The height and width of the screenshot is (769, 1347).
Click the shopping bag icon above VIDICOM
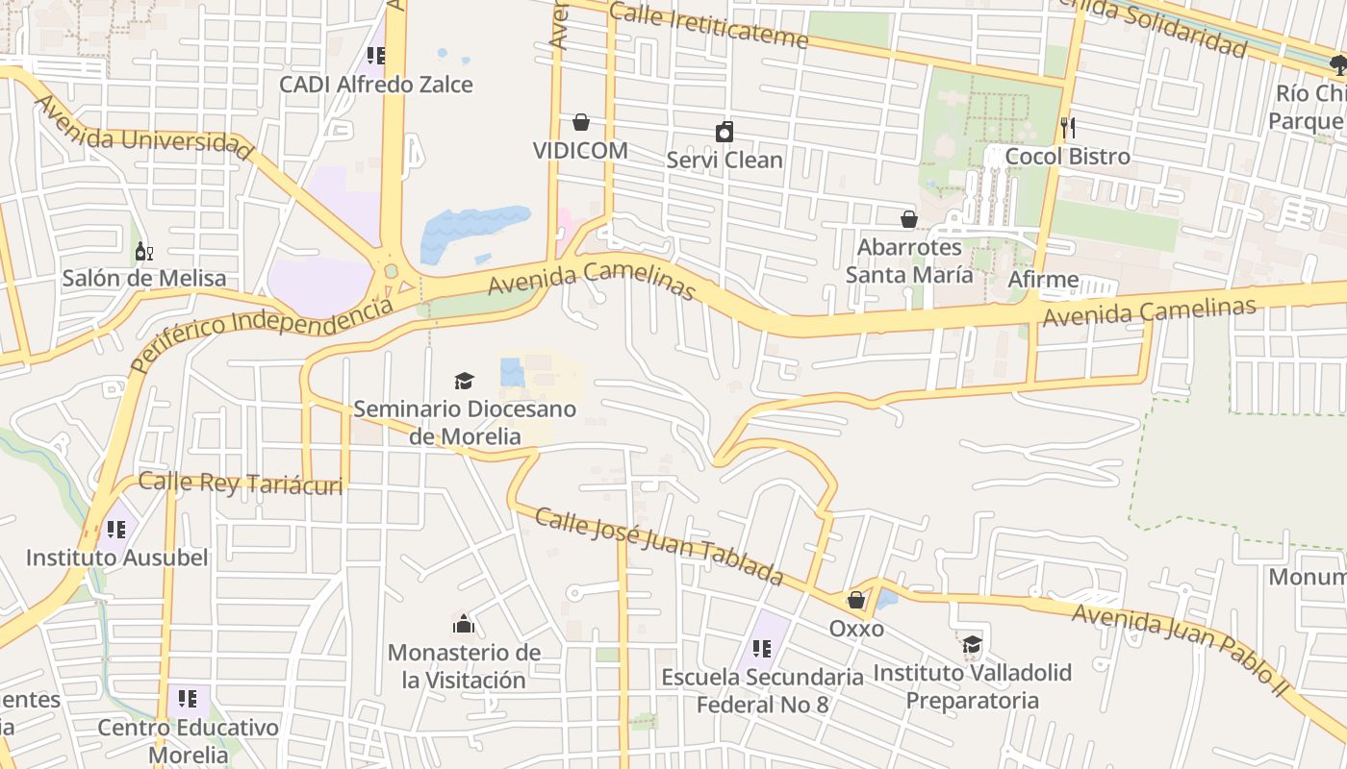[581, 122]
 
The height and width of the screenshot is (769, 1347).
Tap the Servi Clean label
[724, 160]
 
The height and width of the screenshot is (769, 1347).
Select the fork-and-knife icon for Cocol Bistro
[1067, 128]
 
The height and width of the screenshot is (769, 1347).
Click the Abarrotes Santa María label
[908, 260]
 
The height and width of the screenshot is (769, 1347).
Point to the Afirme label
[1043, 280]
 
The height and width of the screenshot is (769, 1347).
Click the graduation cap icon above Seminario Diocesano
[465, 381]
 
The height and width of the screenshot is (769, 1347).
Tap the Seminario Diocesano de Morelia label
[465, 422]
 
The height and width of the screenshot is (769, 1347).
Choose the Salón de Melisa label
[144, 279]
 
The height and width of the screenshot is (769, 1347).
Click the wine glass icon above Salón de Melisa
[143, 252]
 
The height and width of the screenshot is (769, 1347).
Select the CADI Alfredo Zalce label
[376, 85]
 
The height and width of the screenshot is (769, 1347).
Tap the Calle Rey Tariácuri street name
[241, 483]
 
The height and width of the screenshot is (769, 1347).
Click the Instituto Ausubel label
[116, 558]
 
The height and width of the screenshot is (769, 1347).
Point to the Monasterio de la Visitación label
[464, 666]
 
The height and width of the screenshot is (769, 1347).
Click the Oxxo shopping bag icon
[855, 601]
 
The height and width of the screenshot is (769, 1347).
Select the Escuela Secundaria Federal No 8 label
[762, 690]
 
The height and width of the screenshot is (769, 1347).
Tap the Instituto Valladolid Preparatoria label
[972, 685]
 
